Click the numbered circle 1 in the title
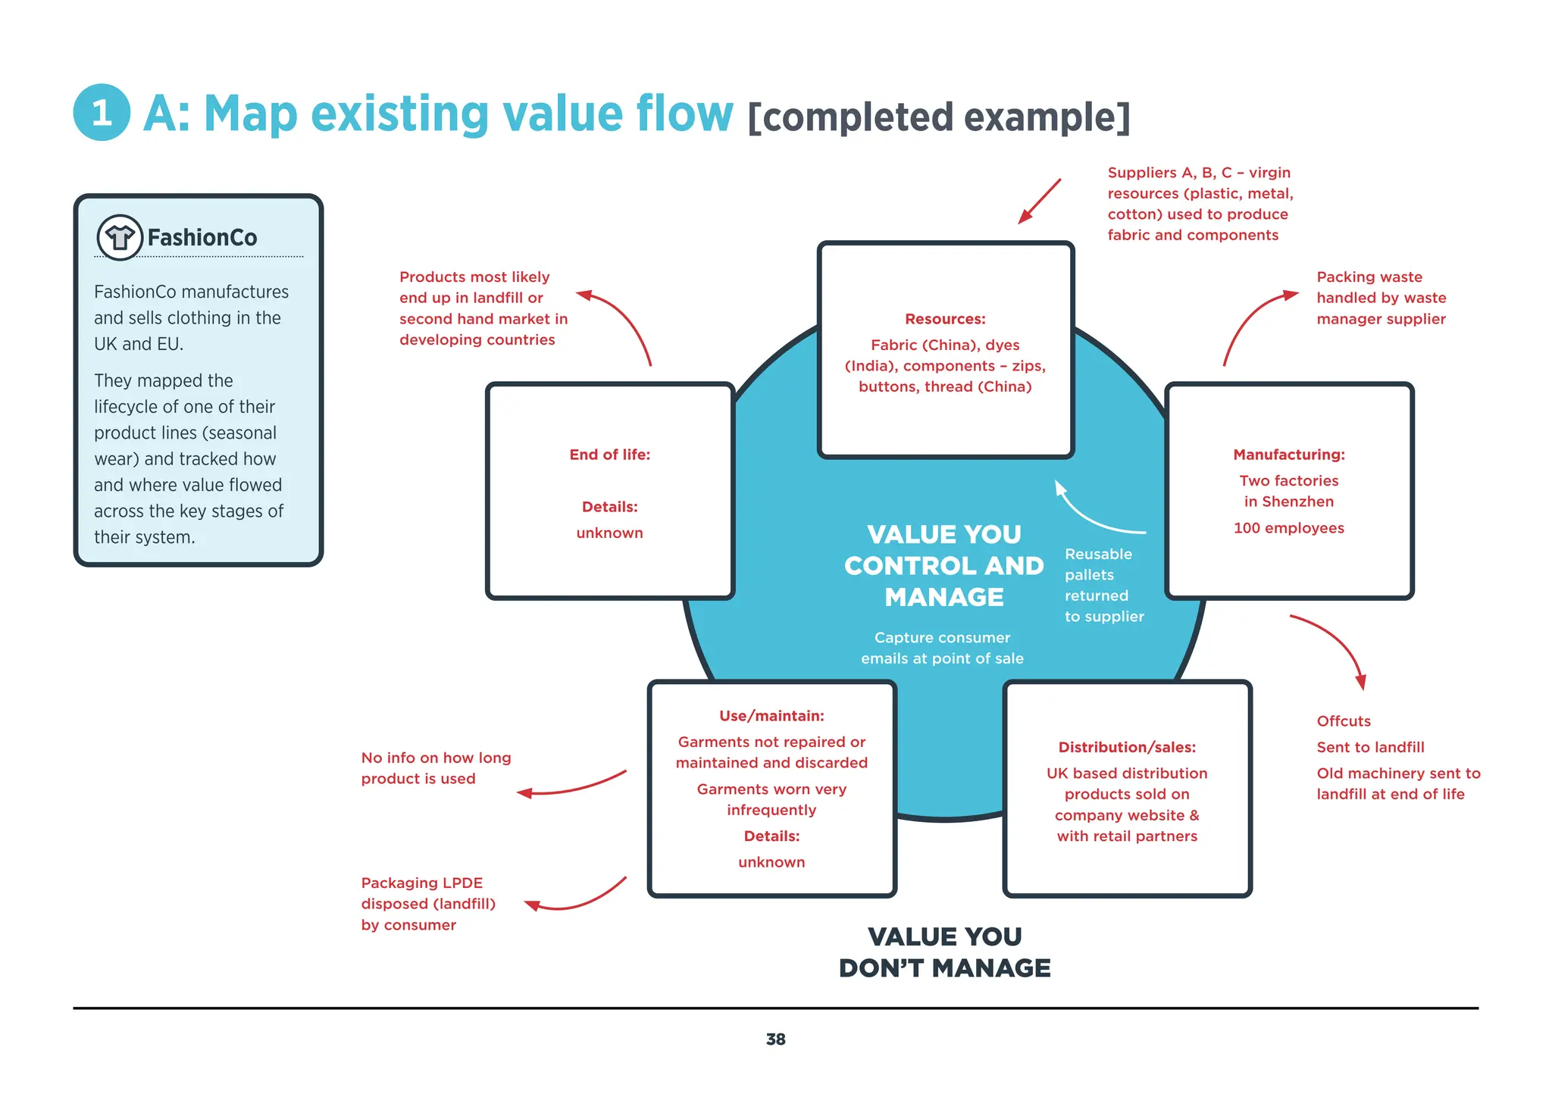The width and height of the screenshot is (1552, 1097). tap(102, 113)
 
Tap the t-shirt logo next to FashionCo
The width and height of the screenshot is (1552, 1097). tap(120, 238)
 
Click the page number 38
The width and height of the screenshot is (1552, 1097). tap(775, 1039)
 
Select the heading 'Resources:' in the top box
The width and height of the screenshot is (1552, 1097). tap(945, 319)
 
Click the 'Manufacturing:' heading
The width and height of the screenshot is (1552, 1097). tap(1288, 455)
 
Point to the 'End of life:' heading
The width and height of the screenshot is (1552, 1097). tap(609, 455)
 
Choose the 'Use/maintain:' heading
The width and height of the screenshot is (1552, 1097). tap(771, 716)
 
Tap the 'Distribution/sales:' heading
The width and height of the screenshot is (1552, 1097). tap(1127, 747)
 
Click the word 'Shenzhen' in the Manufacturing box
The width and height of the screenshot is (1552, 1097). tap(1297, 502)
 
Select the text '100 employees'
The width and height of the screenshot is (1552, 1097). tap(1288, 528)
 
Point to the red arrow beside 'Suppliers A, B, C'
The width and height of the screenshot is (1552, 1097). tap(1039, 202)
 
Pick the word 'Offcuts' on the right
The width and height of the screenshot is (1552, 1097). tap(1344, 721)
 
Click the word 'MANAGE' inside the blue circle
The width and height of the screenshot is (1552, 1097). tap(944, 597)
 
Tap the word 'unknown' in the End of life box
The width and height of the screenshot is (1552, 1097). tap(609, 533)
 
